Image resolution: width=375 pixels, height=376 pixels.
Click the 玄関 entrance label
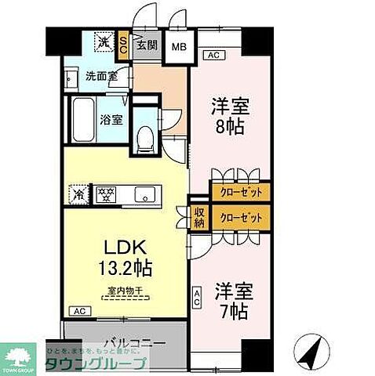147,45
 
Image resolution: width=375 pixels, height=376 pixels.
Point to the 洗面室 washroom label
100,78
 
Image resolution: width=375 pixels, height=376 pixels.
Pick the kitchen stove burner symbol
106,193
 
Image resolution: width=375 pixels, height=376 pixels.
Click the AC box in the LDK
78,312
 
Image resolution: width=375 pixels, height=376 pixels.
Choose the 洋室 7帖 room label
233,299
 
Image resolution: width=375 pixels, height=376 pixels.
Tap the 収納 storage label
198,217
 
